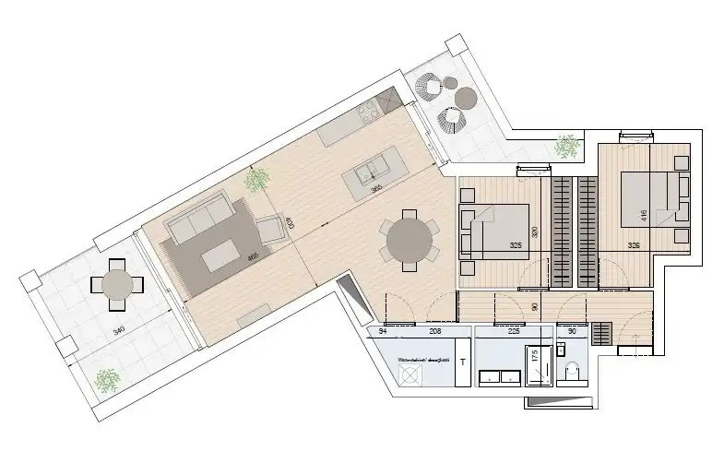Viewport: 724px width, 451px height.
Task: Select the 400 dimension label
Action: [290, 223]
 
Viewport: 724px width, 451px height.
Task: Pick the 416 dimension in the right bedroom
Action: [642, 217]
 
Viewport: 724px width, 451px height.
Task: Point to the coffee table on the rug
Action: [220, 255]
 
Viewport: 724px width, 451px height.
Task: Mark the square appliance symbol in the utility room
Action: [410, 374]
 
